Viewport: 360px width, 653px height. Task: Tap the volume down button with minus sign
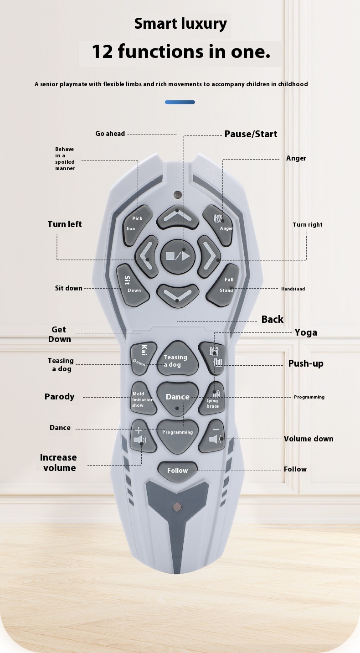pos(212,436)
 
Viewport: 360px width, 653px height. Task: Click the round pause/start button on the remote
pos(177,256)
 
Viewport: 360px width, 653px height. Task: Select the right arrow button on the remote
pos(209,256)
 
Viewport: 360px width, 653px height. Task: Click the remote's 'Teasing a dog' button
pos(177,358)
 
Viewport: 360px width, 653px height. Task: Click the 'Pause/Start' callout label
pos(251,134)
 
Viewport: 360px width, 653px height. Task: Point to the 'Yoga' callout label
pos(306,332)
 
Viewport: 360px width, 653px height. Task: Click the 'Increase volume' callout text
pos(58,462)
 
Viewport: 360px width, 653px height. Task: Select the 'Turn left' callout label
pos(65,224)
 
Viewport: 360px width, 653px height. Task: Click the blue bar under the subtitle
pos(180,102)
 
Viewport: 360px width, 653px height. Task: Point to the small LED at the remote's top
pos(176,194)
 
